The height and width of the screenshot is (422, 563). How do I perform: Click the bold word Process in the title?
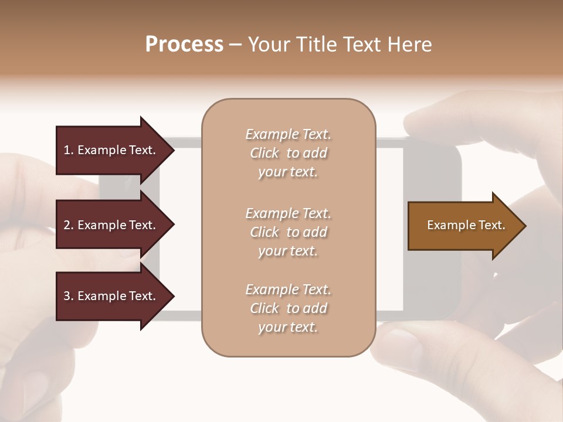pos(184,45)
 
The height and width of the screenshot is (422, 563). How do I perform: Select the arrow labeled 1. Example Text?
pos(109,150)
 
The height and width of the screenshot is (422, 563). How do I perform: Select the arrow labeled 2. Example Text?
pos(109,225)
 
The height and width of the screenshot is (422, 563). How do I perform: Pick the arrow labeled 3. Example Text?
pos(109,296)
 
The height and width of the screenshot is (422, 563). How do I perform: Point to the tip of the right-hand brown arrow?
pos(525,226)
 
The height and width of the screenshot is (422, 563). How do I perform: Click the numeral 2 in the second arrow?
pos(67,225)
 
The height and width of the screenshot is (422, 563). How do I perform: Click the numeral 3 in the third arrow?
pos(67,296)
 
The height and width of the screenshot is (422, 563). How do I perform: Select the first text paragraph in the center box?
pos(288,153)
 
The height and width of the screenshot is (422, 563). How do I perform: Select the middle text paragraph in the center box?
pos(288,232)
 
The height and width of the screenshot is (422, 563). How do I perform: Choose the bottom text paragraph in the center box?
pos(288,308)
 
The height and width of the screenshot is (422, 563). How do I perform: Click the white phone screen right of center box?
pos(389,229)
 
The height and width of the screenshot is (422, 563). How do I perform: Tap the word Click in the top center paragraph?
pos(264,153)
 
